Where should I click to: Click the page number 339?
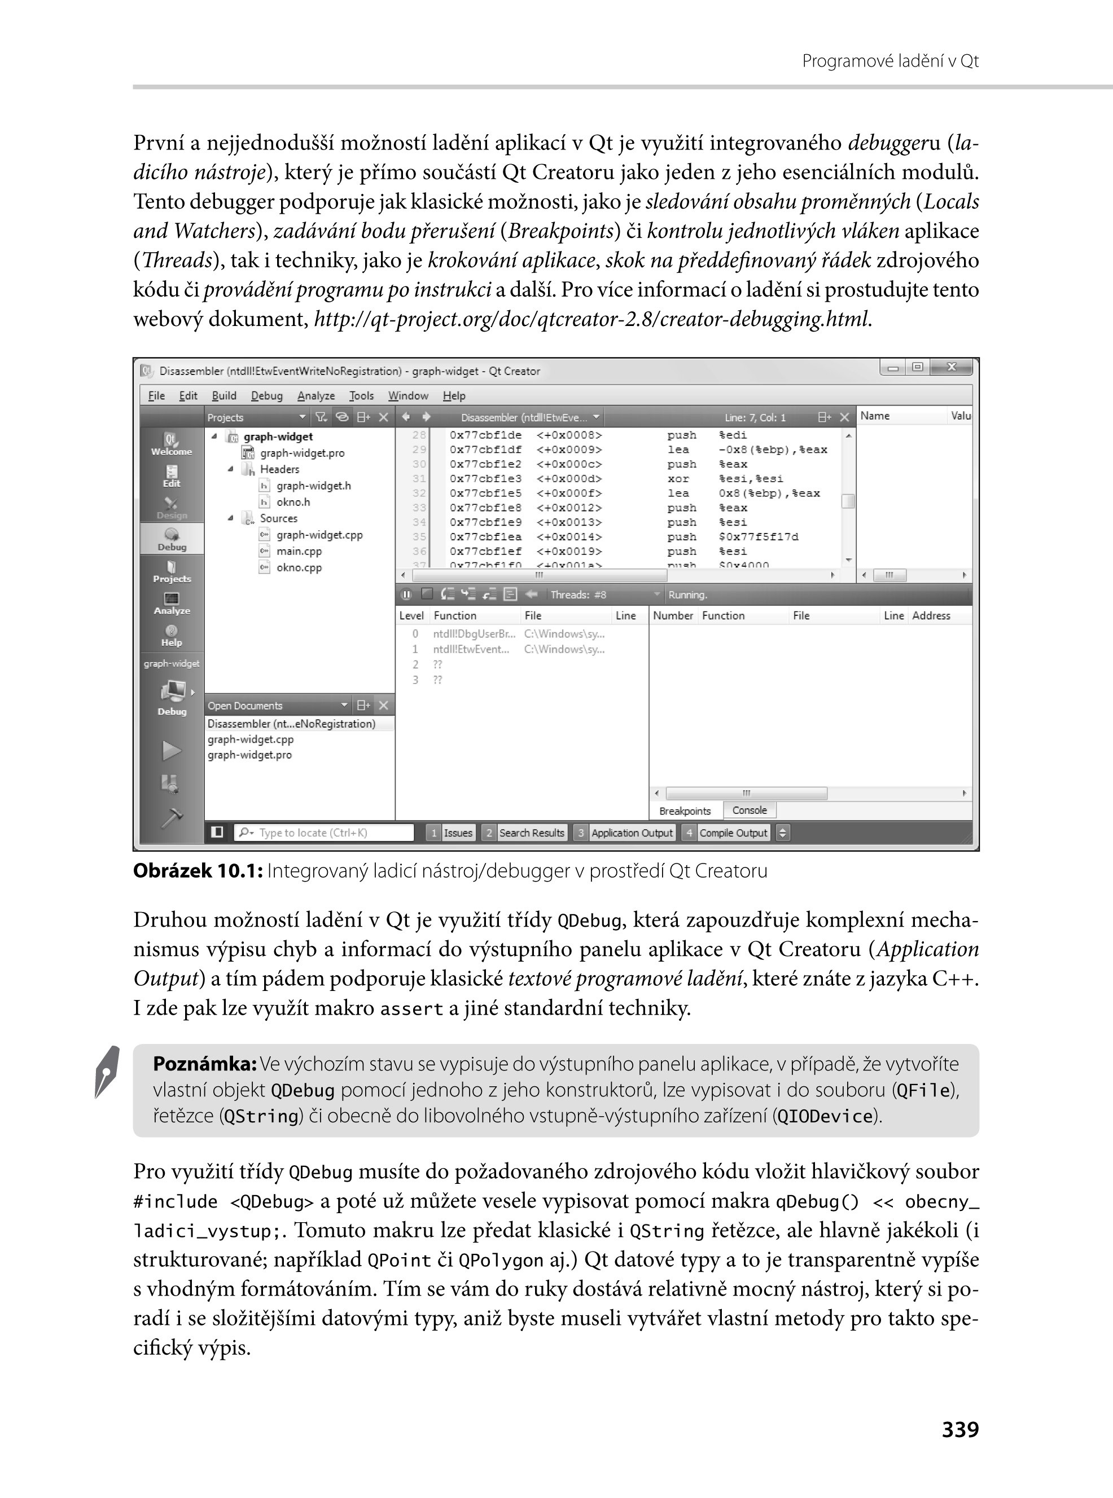[x=959, y=1429]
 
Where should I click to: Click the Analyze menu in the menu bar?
[x=316, y=396]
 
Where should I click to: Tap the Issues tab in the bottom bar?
[x=458, y=833]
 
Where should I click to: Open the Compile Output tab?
[x=733, y=833]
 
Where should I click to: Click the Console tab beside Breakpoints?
[x=749, y=810]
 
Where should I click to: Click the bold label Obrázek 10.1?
[x=198, y=871]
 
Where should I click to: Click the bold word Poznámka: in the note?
[x=205, y=1064]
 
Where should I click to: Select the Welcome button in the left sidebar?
[x=171, y=444]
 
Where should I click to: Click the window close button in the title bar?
[x=952, y=368]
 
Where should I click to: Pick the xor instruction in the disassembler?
[x=678, y=479]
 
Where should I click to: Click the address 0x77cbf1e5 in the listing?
[x=485, y=494]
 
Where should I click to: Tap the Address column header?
[x=931, y=615]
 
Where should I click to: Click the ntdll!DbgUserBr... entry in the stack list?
[x=474, y=633]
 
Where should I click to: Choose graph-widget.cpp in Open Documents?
[x=251, y=739]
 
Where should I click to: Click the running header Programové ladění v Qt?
[x=890, y=61]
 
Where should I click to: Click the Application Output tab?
[x=632, y=833]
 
